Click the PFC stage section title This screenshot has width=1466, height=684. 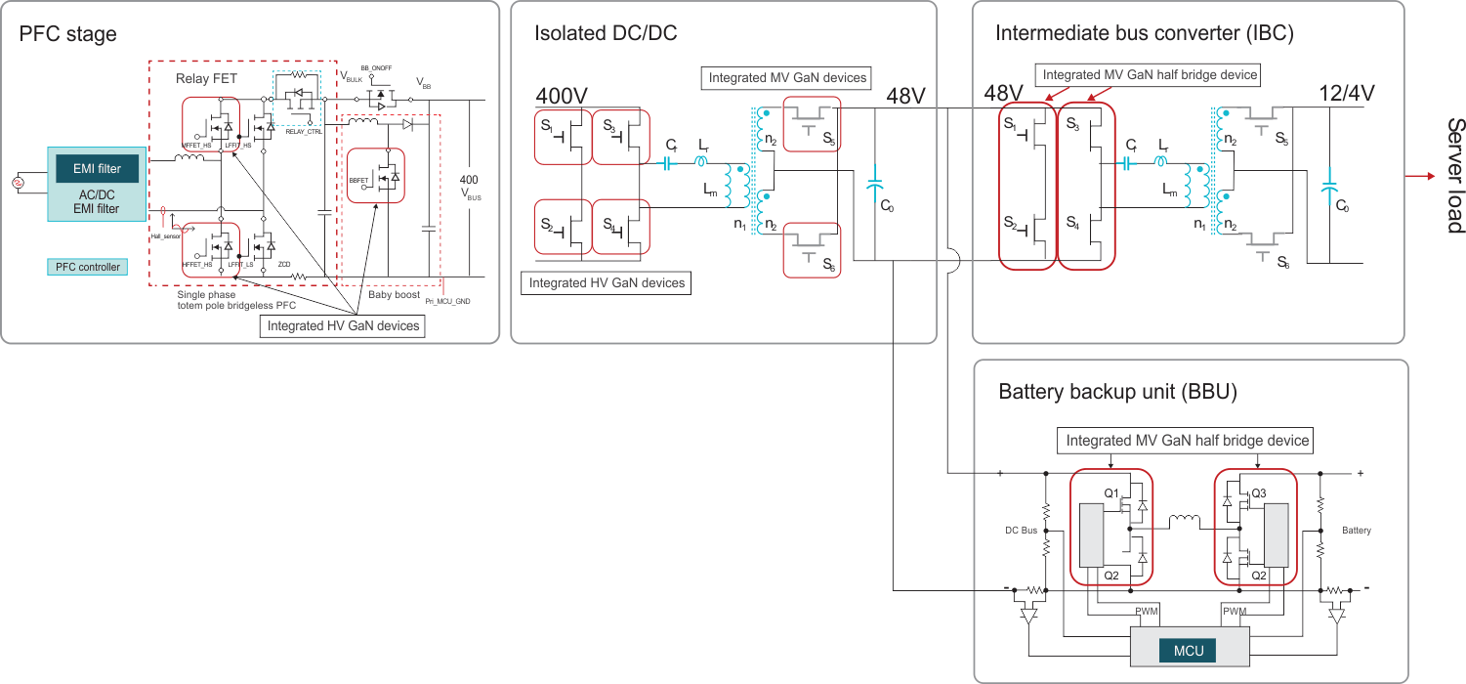coord(68,35)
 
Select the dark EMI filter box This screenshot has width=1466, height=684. coord(97,169)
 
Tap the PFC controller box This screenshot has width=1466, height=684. coord(87,267)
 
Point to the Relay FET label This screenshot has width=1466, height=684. coord(206,78)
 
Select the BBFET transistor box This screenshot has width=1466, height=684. coord(376,176)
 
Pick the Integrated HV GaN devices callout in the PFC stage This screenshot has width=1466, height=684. coord(343,325)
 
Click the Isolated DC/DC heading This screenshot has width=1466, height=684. coord(606,34)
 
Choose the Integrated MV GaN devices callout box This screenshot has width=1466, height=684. coord(787,77)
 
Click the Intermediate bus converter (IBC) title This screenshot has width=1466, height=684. coord(1144,34)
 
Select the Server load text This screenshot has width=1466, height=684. coord(1454,176)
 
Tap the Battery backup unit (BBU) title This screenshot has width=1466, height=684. coord(1117,392)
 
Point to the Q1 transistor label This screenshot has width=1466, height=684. coord(1111,493)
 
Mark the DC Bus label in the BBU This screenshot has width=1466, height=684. coord(1022,531)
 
